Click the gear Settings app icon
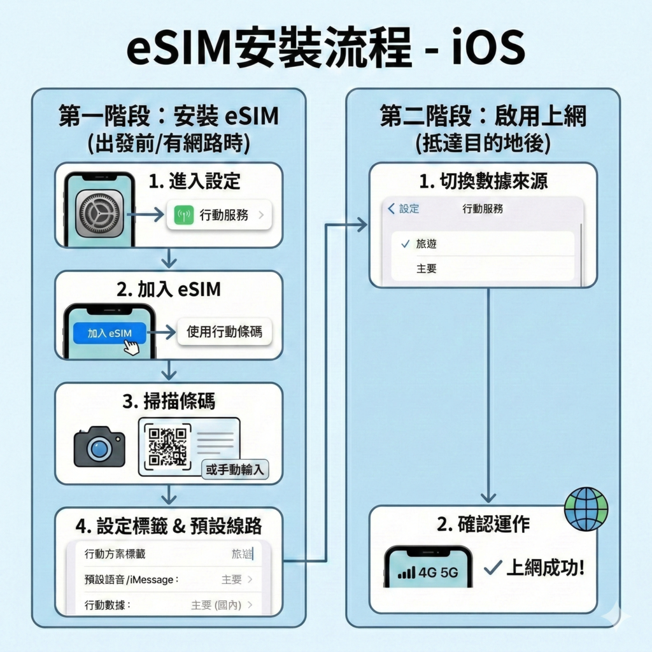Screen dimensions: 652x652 click(x=99, y=213)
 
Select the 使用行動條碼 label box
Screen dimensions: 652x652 click(x=224, y=332)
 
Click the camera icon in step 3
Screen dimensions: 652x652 click(x=99, y=446)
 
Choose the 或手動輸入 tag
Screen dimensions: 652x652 click(x=234, y=471)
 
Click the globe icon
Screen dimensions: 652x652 click(x=586, y=509)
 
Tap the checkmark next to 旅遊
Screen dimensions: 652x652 click(x=405, y=244)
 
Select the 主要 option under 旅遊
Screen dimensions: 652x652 click(x=427, y=269)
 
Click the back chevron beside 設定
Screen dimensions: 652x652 click(x=391, y=209)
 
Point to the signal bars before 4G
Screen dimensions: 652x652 click(x=406, y=572)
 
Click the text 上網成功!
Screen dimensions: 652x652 click(x=544, y=567)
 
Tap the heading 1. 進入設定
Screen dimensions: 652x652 click(x=195, y=181)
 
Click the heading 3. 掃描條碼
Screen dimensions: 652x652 click(x=168, y=401)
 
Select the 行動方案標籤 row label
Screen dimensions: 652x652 click(x=115, y=554)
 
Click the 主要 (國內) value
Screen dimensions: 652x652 click(x=216, y=605)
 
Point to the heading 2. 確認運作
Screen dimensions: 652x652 click(x=483, y=524)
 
